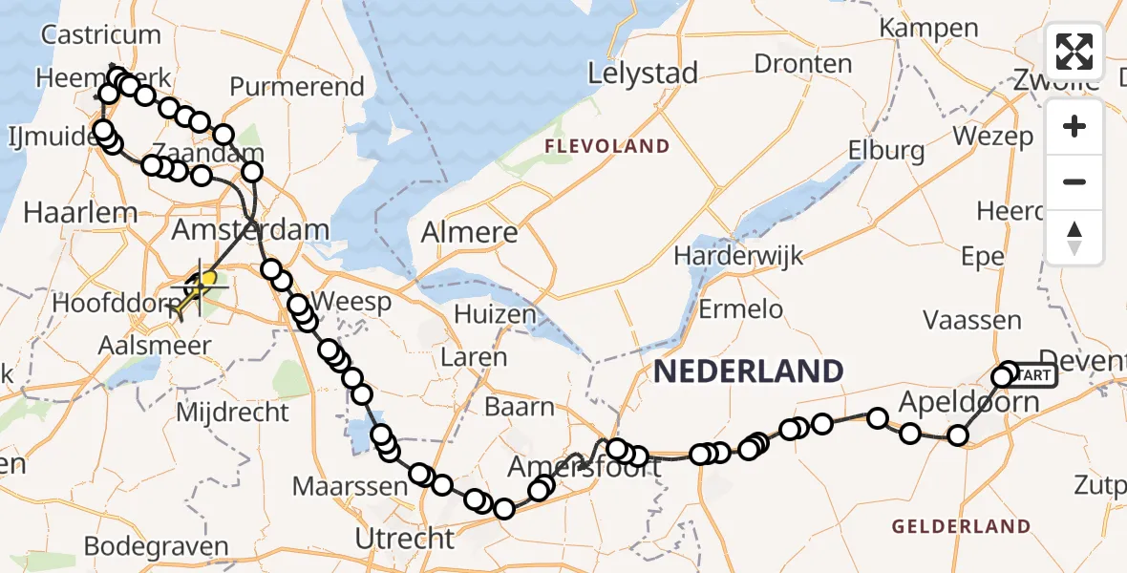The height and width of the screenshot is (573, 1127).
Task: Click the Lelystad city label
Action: point(643,73)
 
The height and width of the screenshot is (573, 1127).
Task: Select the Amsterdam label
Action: point(250,230)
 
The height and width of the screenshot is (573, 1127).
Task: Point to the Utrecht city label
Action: point(405,538)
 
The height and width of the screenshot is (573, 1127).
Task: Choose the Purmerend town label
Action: point(297,87)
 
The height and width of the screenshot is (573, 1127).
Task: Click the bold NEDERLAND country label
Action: point(749,371)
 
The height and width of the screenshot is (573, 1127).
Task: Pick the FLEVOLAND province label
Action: point(606,146)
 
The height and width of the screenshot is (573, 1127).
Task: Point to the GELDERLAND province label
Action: point(961,526)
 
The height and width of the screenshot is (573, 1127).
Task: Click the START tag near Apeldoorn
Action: point(1031,375)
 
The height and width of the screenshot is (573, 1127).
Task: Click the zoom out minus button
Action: point(1074,181)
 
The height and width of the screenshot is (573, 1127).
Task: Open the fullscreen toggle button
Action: point(1074,52)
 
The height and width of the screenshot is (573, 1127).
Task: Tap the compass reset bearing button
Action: point(1074,237)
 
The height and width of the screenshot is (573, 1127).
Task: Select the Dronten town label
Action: point(803,64)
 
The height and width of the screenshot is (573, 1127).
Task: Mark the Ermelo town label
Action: point(741,308)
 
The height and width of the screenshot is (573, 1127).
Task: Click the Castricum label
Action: point(101,35)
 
